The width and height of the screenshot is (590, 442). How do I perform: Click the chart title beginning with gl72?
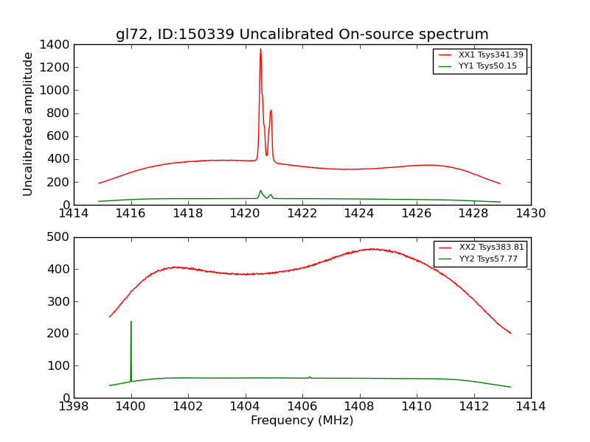pyautogui.click(x=302, y=35)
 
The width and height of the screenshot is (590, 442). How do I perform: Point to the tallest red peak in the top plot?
pyautogui.click(x=260, y=50)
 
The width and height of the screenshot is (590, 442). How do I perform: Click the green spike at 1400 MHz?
pyautogui.click(x=131, y=323)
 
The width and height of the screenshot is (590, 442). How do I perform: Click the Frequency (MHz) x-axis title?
pyautogui.click(x=302, y=421)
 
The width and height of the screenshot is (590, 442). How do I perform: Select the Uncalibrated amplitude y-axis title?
pyautogui.click(x=28, y=124)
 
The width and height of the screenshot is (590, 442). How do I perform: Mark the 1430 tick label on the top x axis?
pyautogui.click(x=530, y=214)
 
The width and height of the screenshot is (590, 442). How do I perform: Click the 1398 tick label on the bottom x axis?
pyautogui.click(x=74, y=406)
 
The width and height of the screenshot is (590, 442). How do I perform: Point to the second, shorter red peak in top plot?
pyautogui.click(x=271, y=110)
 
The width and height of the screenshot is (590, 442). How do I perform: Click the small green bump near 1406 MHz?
pyautogui.click(x=310, y=377)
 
